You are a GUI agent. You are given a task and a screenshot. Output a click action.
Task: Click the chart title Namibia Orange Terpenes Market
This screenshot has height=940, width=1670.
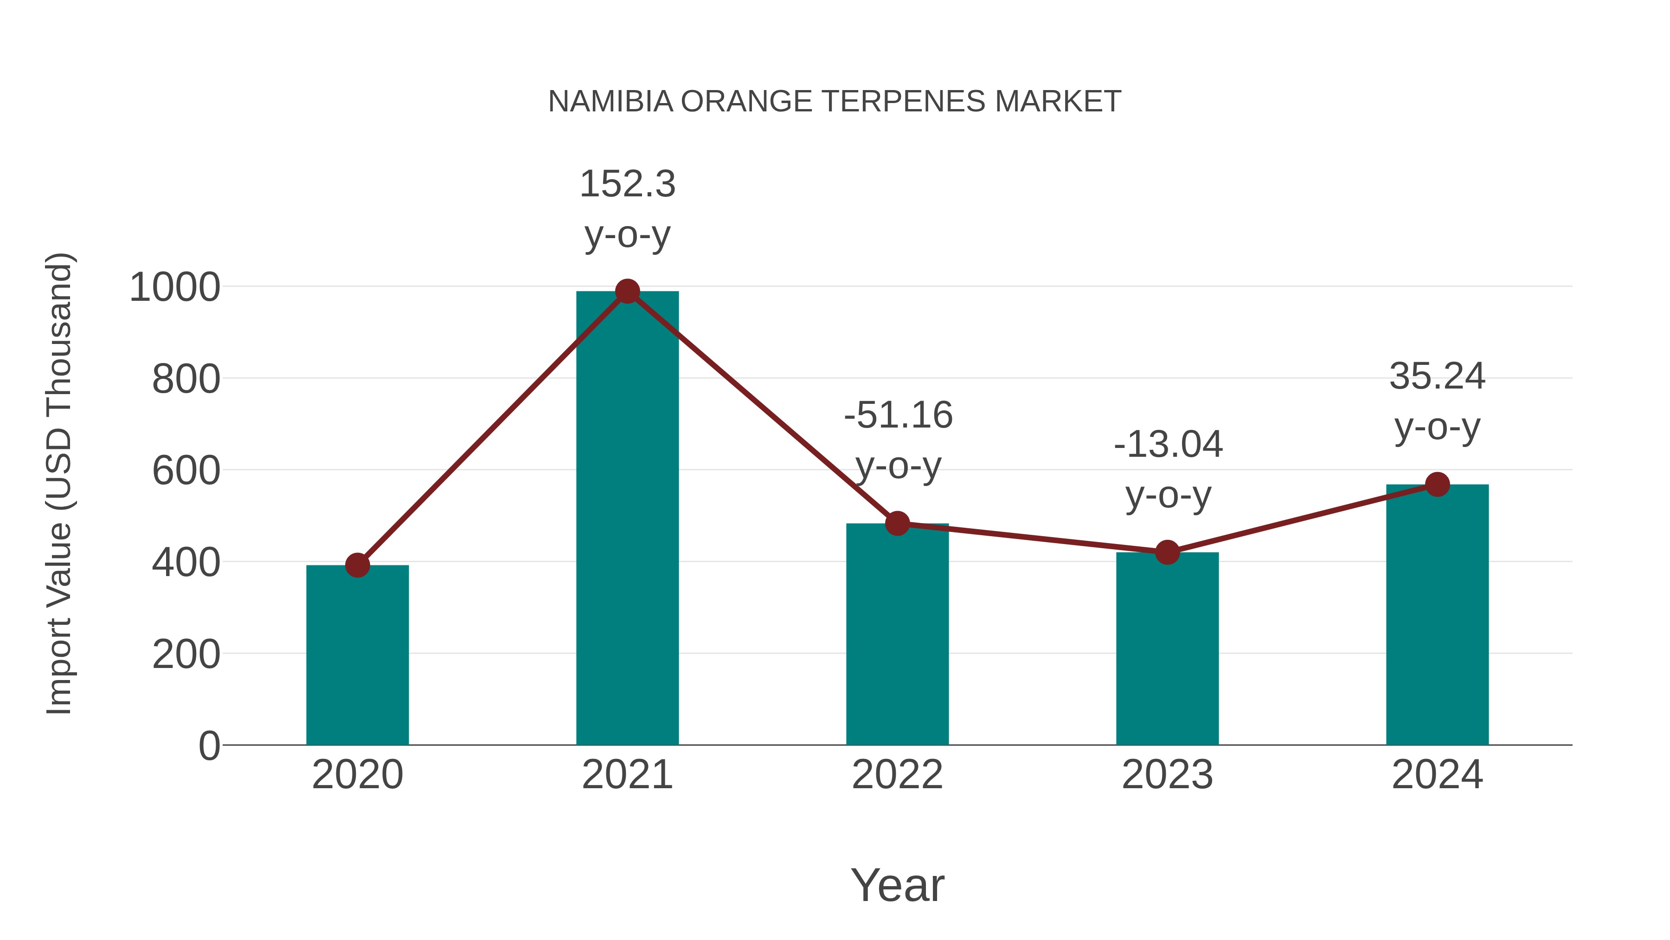pos(835,102)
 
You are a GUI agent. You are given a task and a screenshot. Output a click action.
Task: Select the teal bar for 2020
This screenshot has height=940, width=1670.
pos(357,655)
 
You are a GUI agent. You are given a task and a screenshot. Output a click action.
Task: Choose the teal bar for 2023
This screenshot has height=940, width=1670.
pos(1167,649)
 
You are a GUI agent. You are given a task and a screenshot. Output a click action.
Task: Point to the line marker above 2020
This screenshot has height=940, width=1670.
pos(357,565)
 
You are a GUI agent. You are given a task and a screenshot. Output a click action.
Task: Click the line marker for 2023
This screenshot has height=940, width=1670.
pos(1167,552)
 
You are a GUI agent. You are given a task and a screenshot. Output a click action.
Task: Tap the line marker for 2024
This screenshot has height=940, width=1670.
pos(1437,484)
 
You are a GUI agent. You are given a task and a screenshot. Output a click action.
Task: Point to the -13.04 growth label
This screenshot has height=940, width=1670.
pos(1168,470)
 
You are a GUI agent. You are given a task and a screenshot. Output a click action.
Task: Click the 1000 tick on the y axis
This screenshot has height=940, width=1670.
pos(175,287)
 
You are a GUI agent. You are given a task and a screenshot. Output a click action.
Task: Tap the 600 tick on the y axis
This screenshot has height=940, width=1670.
pos(186,471)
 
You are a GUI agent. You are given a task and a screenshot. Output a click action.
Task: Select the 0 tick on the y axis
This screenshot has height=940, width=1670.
pos(209,746)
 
